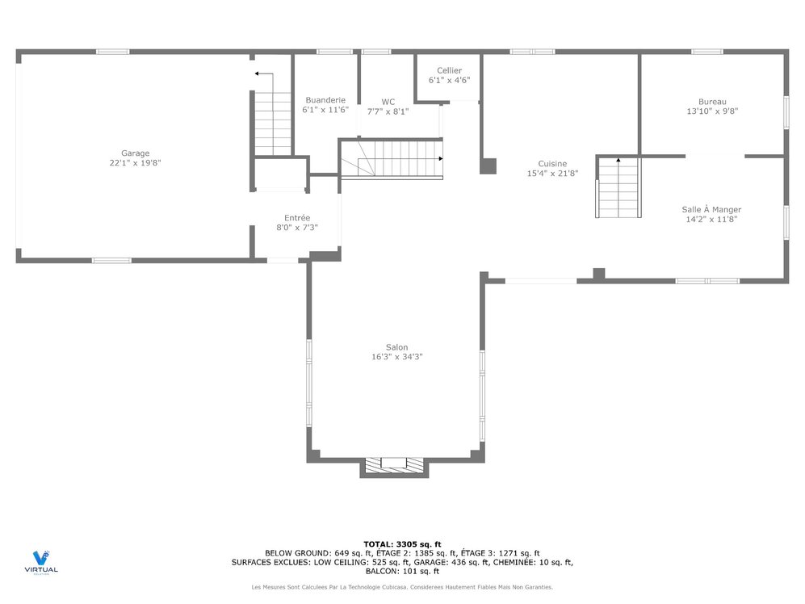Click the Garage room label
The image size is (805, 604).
[135, 153]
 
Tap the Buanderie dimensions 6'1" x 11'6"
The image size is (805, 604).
[325, 110]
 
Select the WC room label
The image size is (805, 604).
[388, 102]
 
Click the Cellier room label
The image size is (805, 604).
[449, 70]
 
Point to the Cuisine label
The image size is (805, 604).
[552, 163]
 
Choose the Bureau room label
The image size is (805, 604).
[712, 101]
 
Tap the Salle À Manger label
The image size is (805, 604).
[711, 209]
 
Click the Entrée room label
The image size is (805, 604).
[296, 217]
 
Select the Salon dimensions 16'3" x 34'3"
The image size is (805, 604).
[396, 356]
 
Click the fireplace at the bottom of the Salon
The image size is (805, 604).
[393, 464]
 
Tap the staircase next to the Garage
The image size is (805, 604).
[273, 121]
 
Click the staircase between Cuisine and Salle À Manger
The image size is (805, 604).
[618, 187]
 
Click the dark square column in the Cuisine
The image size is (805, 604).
[488, 166]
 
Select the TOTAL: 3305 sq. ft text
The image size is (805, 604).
[402, 543]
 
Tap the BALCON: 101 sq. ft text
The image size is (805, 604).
[402, 571]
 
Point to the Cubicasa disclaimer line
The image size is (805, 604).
[402, 587]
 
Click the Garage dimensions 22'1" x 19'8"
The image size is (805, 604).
[135, 163]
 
